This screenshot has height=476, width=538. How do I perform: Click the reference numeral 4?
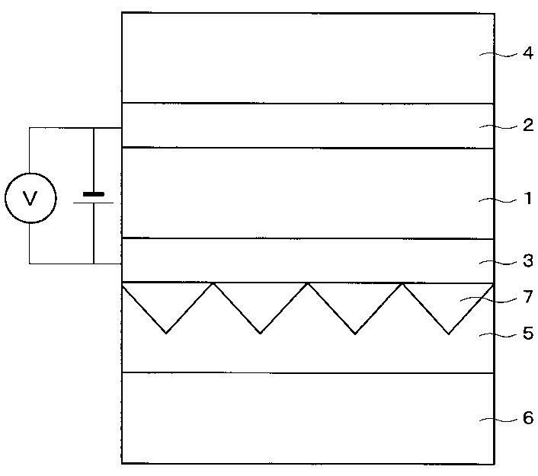tap(528, 53)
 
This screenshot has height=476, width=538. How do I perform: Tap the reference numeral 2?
tap(528, 125)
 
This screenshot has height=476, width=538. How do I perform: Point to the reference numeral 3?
tap(528, 260)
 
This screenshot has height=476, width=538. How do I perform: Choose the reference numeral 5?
tap(528, 334)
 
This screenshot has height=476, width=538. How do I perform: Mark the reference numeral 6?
tap(528, 417)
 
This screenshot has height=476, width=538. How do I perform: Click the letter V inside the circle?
tap(30, 198)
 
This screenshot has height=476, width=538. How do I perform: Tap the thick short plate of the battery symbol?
tap(93, 194)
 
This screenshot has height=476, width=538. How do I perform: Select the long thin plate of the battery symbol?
tap(93, 203)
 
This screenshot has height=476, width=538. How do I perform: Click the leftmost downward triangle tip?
tap(166, 333)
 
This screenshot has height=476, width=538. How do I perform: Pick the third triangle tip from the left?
tap(355, 334)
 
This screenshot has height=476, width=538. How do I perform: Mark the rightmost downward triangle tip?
tap(449, 334)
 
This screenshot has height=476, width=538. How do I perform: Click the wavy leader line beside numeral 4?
tap(498, 54)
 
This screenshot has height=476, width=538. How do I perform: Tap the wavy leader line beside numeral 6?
tap(498, 420)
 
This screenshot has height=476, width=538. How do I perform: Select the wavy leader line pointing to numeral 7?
tap(488, 300)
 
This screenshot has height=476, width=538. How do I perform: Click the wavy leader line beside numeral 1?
tap(498, 200)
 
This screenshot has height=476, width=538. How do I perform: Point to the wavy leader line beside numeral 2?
tap(498, 127)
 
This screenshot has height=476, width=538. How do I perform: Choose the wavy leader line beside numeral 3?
tap(498, 263)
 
